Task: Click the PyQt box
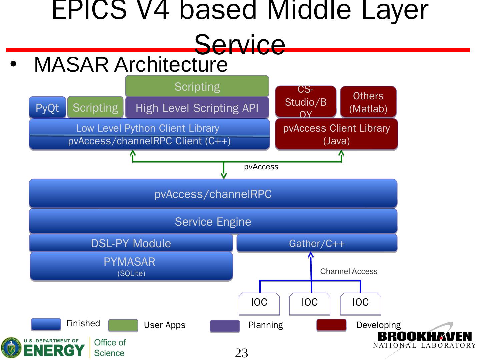pyautogui.click(x=47, y=108)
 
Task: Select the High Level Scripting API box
pyautogui.click(x=197, y=108)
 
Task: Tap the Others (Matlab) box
pyautogui.click(x=368, y=102)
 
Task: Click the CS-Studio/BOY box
pyautogui.click(x=305, y=102)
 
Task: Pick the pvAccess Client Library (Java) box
pyautogui.click(x=336, y=134)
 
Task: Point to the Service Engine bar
pyautogui.click(x=213, y=221)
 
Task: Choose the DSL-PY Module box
pyautogui.click(x=131, y=243)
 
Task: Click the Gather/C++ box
pyautogui.click(x=317, y=243)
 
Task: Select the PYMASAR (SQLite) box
pyautogui.click(x=131, y=266)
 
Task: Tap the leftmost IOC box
pyautogui.click(x=259, y=303)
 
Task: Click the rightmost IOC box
pyautogui.click(x=360, y=303)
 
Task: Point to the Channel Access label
pyautogui.click(x=349, y=271)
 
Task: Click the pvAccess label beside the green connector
pyautogui.click(x=261, y=167)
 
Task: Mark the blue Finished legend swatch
pyautogui.click(x=46, y=324)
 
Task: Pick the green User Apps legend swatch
pyautogui.click(x=123, y=325)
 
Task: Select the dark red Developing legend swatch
pyautogui.click(x=331, y=325)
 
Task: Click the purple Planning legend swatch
pyautogui.click(x=225, y=326)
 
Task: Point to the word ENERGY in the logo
pyautogui.click(x=54, y=350)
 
